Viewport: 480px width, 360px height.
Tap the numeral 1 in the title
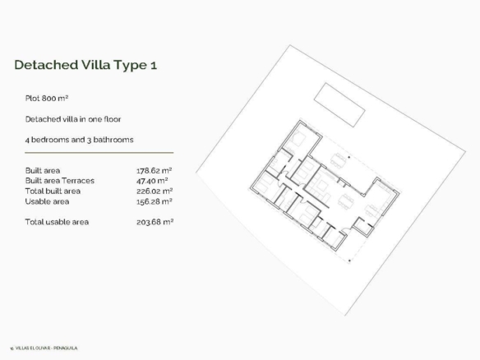click(154, 65)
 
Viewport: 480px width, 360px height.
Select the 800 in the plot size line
click(49, 99)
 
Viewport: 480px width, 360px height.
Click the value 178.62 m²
click(154, 170)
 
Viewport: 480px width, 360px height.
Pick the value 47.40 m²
click(152, 181)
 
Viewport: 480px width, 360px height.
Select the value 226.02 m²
click(155, 192)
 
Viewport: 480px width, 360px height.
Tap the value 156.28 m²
click(155, 201)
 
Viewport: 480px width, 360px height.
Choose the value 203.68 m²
click(155, 222)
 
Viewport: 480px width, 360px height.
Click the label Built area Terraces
click(60, 181)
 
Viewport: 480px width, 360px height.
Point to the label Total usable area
click(57, 222)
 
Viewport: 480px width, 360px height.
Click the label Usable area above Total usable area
click(47, 201)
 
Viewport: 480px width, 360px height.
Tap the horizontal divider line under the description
click(99, 152)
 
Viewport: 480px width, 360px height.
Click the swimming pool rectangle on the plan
click(339, 104)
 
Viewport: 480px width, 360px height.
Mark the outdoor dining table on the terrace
click(337, 160)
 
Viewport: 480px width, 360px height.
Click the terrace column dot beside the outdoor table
click(349, 157)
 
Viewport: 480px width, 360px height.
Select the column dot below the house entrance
click(349, 261)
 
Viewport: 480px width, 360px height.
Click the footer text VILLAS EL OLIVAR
click(33, 348)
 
